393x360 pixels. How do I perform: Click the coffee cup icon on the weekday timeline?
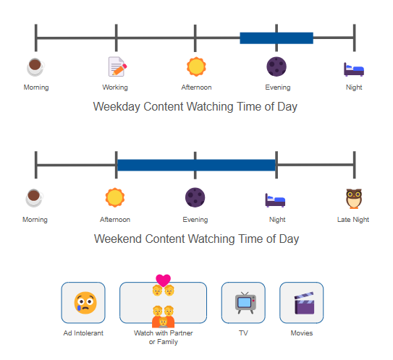[x=36, y=67]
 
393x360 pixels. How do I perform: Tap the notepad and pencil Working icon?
[x=117, y=67]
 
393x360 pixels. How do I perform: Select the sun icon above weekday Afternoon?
[x=196, y=67]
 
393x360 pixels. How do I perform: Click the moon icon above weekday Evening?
[x=276, y=67]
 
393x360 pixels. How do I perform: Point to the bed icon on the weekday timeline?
[x=354, y=69]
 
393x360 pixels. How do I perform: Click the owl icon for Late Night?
[x=354, y=199]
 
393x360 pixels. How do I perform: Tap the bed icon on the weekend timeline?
[x=275, y=200]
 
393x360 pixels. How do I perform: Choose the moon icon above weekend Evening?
[x=195, y=197]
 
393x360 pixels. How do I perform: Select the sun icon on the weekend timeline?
[x=115, y=197]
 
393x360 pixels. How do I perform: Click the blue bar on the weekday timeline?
[x=276, y=38]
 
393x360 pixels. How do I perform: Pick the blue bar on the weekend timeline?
[x=196, y=165]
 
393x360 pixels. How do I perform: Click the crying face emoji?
[x=85, y=303]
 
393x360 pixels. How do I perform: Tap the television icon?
[x=245, y=303]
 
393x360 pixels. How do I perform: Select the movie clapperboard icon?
[x=304, y=303]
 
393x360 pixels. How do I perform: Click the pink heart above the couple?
[x=163, y=280]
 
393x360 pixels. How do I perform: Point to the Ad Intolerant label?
[x=83, y=333]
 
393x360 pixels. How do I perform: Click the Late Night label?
[x=353, y=220]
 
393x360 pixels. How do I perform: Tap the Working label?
[x=115, y=87]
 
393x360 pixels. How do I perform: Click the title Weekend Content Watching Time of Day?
[x=197, y=239]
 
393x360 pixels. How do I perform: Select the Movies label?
[x=302, y=333]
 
